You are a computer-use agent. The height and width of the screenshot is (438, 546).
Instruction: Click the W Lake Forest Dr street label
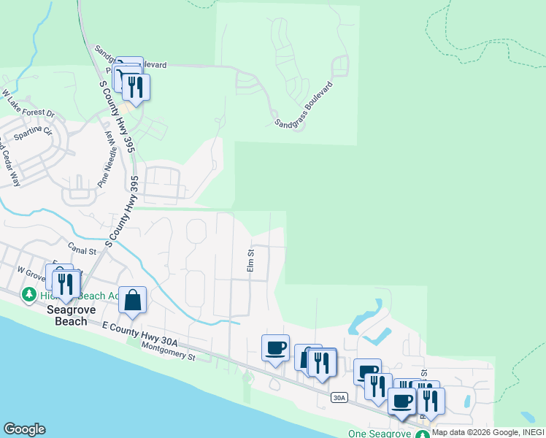(x=28, y=104)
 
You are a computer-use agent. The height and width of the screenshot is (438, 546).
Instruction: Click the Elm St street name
(x=250, y=261)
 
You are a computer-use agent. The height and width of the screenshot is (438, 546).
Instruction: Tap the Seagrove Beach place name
(x=66, y=315)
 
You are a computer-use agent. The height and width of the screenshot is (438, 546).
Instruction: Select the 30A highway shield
(x=339, y=397)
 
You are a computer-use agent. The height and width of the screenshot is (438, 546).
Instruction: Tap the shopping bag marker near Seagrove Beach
(x=132, y=300)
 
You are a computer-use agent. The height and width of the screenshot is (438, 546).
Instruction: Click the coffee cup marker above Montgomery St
(x=275, y=348)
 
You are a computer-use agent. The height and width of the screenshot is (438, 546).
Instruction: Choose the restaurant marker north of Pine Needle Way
(x=136, y=87)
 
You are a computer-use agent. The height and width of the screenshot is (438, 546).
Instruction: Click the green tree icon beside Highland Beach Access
(x=28, y=294)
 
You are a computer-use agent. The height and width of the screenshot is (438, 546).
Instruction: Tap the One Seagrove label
(x=377, y=434)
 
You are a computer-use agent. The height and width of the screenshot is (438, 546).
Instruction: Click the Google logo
(x=24, y=429)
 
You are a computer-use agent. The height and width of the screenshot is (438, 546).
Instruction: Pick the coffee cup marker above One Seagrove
(x=402, y=400)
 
